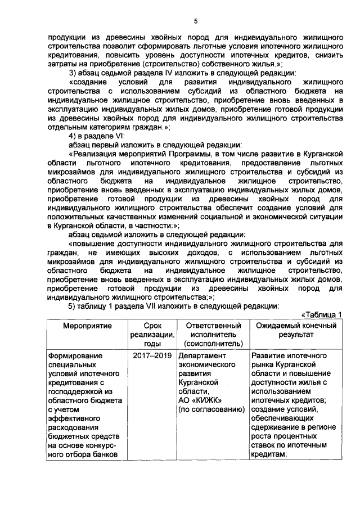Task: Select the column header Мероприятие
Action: click(87, 326)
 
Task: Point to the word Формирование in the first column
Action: click(72, 356)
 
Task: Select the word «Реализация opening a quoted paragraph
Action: click(95, 154)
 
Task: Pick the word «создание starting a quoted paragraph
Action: click(90, 82)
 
